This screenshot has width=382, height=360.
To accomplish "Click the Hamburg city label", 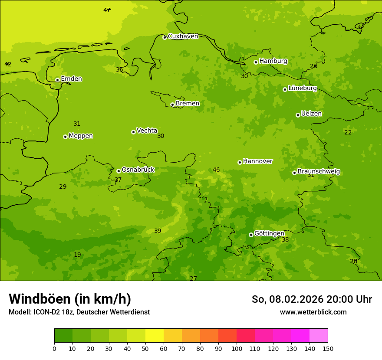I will point(273,61).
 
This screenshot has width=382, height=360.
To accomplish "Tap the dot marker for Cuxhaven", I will point(165,37).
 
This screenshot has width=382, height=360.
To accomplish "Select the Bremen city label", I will point(188,104).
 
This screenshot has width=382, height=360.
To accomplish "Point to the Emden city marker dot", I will point(57,80).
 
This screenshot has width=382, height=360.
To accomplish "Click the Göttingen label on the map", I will point(269,233).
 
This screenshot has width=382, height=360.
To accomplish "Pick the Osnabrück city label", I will point(138,170).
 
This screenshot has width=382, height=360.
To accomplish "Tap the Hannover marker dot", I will point(240,162).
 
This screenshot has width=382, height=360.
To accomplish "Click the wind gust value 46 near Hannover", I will point(216,170).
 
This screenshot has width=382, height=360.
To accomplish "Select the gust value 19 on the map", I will point(77,255).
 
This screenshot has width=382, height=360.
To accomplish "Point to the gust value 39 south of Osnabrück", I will point(158,231).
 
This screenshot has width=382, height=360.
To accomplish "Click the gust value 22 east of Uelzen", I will point(348,132).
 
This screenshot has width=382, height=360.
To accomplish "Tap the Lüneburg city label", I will point(302,88).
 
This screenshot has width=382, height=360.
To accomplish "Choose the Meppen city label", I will point(81,136).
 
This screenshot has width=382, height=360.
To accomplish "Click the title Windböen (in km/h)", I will point(70,299).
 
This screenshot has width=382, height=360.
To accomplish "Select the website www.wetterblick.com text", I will point(313,312).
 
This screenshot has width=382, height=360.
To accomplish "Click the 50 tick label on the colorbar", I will point(145,348).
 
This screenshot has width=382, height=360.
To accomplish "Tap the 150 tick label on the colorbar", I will point(328,348).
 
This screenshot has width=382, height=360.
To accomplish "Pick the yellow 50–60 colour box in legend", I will point(155,336).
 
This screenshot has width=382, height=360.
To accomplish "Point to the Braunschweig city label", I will point(319,171).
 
